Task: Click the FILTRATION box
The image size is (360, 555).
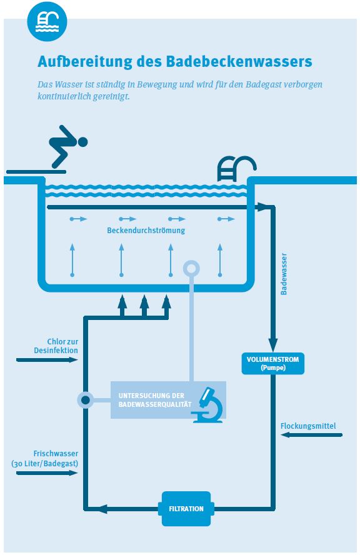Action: [x=186, y=509]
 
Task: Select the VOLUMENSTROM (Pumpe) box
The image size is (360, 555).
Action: [x=272, y=364]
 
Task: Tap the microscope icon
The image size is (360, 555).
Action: [x=208, y=405]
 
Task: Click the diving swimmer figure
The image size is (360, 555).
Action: [x=68, y=146]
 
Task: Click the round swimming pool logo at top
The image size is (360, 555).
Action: [x=47, y=22]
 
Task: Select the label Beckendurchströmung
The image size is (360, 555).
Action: [x=146, y=231]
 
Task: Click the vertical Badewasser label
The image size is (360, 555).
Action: [x=284, y=274]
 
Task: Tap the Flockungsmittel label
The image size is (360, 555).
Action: [x=308, y=426]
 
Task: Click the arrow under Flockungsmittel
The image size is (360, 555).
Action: [x=311, y=434]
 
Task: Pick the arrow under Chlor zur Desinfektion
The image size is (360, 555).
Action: [x=47, y=360]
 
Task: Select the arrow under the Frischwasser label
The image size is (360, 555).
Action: [x=47, y=473]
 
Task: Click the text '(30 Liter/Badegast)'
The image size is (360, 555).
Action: [x=44, y=463]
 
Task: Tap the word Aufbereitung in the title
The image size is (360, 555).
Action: [x=84, y=61]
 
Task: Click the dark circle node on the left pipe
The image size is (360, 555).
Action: [x=85, y=401]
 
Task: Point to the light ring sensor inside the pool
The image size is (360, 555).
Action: [x=191, y=269]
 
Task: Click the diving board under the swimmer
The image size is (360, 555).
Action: [x=36, y=172]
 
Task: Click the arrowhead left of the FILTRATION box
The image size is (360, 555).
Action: [x=102, y=509]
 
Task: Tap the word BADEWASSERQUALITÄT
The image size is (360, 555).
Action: [x=155, y=404]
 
